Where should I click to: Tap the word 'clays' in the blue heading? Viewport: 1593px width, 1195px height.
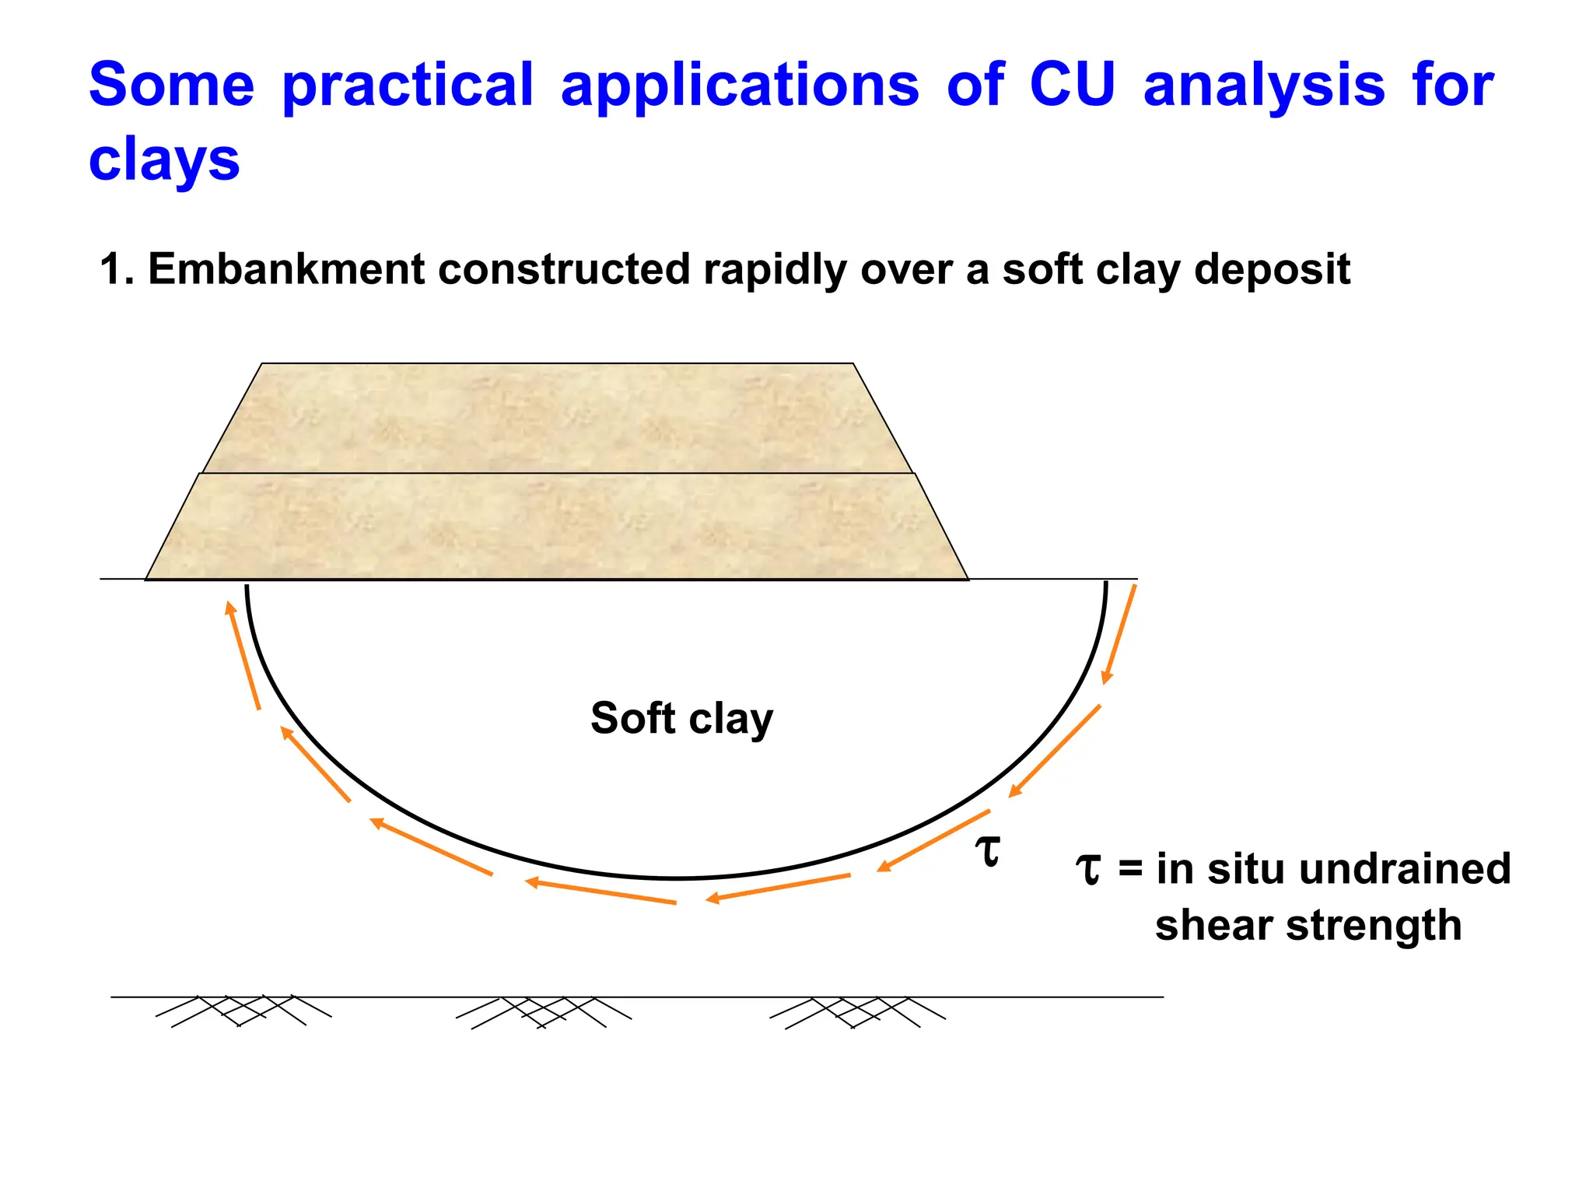(164, 160)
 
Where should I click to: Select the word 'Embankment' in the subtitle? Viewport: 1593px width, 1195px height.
(286, 269)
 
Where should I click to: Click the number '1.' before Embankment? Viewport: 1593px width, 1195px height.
(117, 269)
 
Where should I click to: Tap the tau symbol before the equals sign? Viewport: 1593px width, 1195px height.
(1088, 869)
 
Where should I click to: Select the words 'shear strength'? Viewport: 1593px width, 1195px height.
(1308, 925)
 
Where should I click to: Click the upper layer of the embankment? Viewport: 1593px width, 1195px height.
(557, 419)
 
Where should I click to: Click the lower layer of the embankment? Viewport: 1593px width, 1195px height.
(557, 527)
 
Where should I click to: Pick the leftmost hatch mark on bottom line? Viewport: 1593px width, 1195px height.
(243, 1010)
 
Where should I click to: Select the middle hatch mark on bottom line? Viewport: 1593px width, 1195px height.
(543, 1012)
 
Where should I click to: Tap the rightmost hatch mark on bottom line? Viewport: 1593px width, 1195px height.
(856, 1012)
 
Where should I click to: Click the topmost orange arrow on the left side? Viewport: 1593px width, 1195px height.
(242, 654)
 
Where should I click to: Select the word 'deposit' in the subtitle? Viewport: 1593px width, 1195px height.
(1272, 269)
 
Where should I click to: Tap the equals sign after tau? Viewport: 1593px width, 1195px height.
(1130, 870)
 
